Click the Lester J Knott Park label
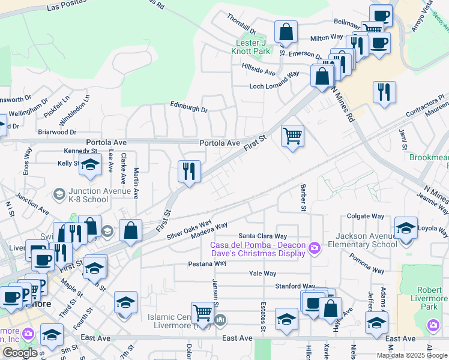(x=252, y=47)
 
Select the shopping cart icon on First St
(x=292, y=136)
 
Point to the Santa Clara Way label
(x=263, y=236)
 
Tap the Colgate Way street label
(x=366, y=216)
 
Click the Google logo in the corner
(x=20, y=353)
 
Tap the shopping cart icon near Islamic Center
(x=202, y=312)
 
